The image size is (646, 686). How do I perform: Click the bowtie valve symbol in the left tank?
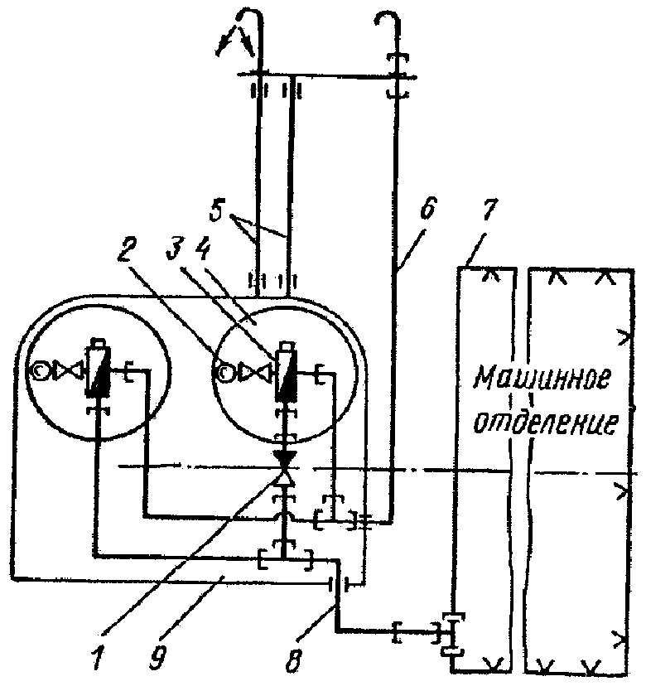click(63, 374)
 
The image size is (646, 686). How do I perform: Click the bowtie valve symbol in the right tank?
click(250, 374)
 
